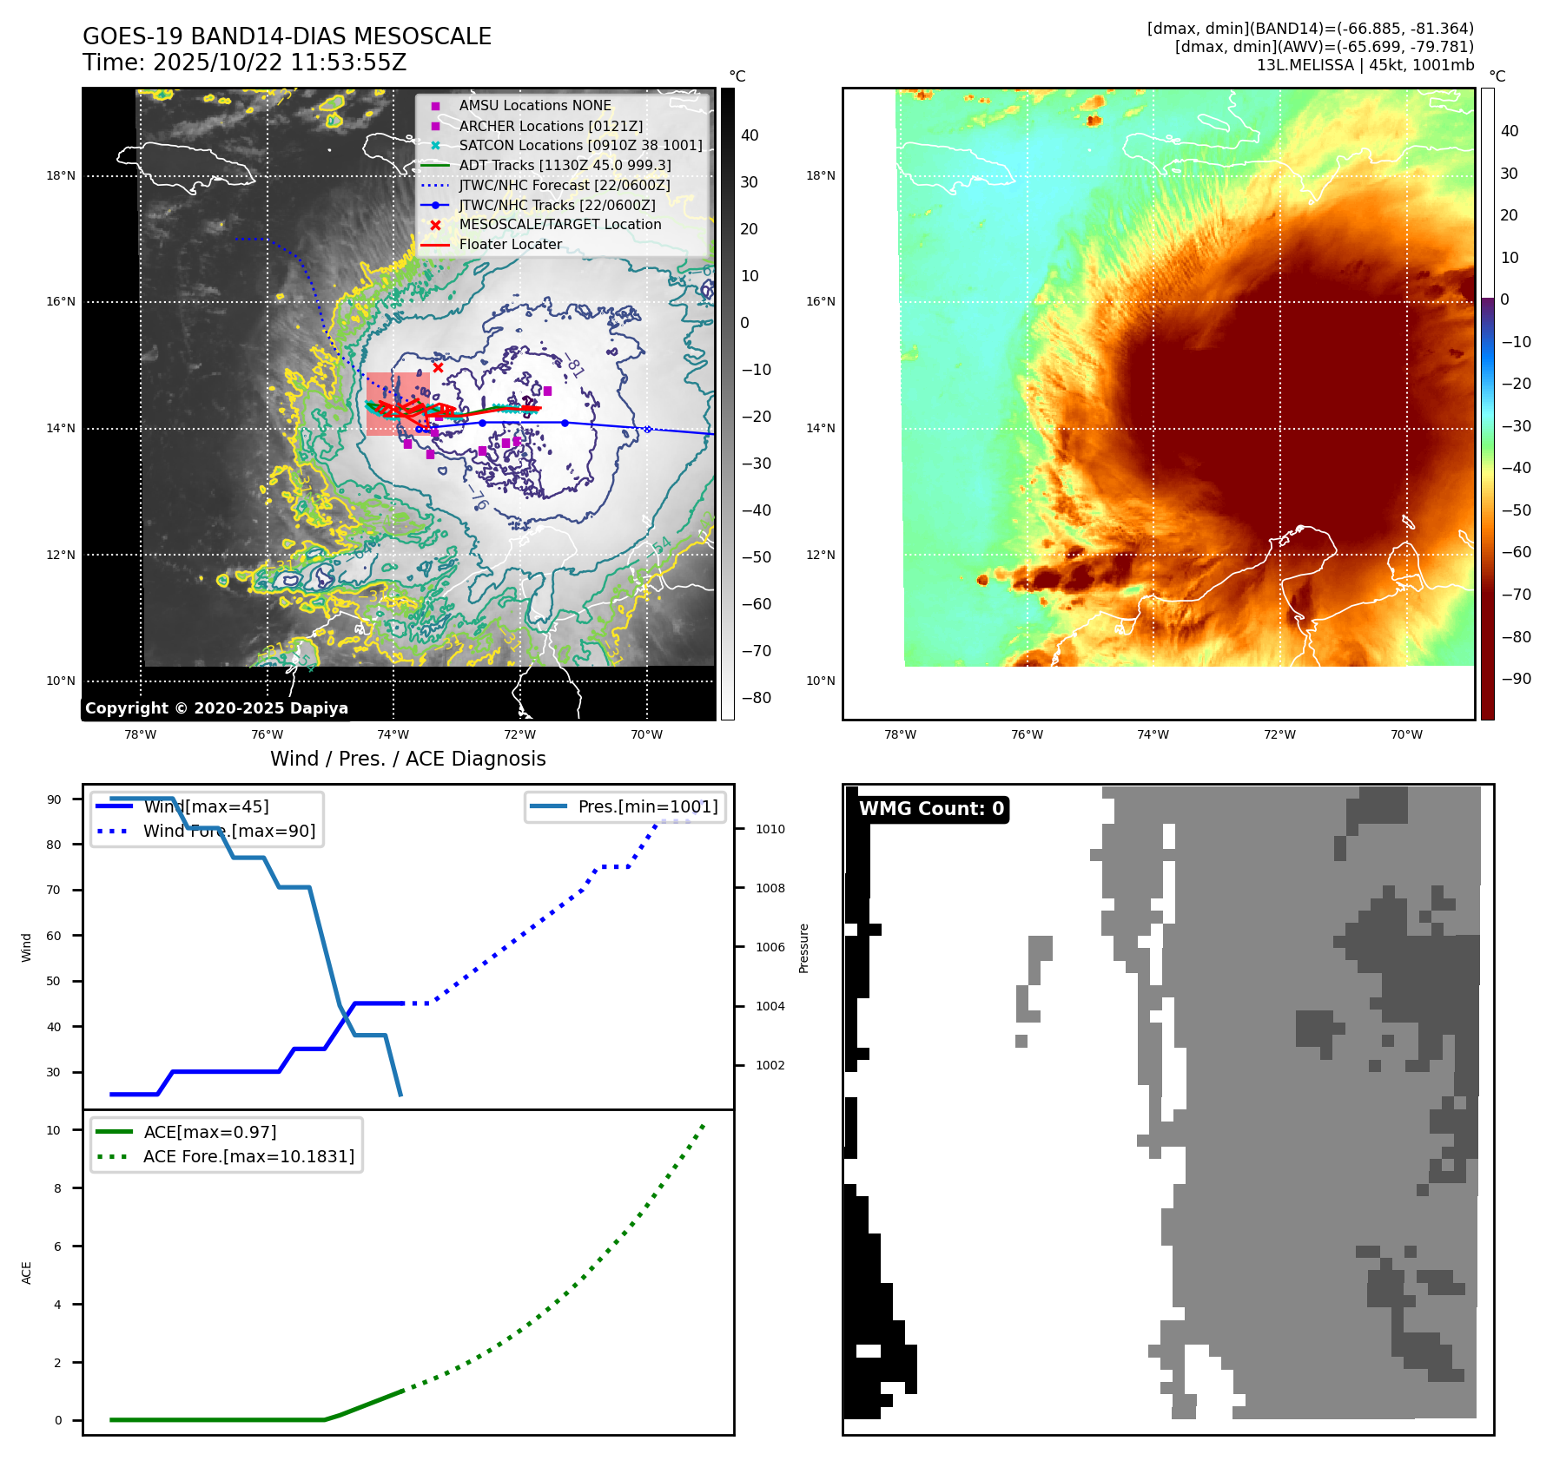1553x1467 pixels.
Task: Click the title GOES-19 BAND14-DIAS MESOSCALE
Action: pyautogui.click(x=287, y=36)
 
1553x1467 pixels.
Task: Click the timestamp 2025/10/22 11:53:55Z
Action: pyautogui.click(x=279, y=62)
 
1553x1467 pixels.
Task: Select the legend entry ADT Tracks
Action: pyautogui.click(x=565, y=165)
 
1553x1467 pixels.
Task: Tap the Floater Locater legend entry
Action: pyautogui.click(x=510, y=244)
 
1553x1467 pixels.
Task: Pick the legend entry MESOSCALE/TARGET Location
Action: pyautogui.click(x=559, y=224)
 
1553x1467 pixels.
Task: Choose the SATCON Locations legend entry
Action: pyautogui.click(x=580, y=145)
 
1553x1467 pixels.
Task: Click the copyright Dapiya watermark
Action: pyautogui.click(x=216, y=708)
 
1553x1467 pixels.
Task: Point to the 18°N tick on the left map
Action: pyautogui.click(x=61, y=175)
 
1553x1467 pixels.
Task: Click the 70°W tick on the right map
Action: pyautogui.click(x=1406, y=734)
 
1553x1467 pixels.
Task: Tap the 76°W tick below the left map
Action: pyautogui.click(x=267, y=734)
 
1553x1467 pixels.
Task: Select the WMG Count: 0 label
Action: pyautogui.click(x=931, y=809)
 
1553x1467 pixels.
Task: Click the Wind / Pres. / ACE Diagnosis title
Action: pyautogui.click(x=407, y=759)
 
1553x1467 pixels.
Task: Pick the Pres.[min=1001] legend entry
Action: pyautogui.click(x=647, y=806)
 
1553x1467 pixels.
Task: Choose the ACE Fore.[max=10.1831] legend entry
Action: pyautogui.click(x=248, y=1156)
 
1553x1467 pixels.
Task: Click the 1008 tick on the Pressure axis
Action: pyautogui.click(x=770, y=888)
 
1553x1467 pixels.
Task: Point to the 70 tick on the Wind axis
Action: pyautogui.click(x=54, y=890)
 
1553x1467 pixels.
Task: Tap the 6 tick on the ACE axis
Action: pyautogui.click(x=58, y=1247)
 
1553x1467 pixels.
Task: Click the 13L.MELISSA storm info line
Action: pyautogui.click(x=1365, y=65)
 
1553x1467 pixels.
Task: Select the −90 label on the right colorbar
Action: pyautogui.click(x=1517, y=679)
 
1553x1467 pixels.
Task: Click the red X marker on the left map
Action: pyautogui.click(x=438, y=367)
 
